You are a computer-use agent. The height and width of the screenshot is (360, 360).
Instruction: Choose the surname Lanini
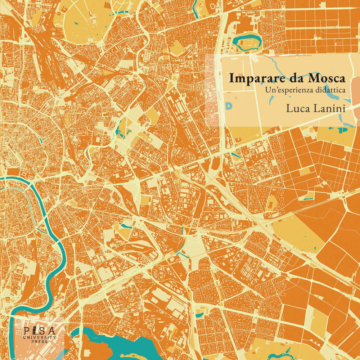[x=329, y=108]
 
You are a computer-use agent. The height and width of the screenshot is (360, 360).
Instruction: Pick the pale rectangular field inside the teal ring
[x=248, y=43]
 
